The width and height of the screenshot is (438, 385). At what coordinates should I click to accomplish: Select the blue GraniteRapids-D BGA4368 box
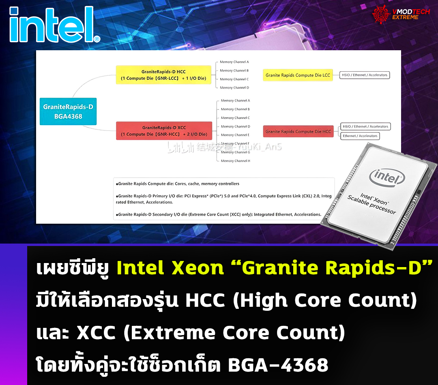pyautogui.click(x=68, y=111)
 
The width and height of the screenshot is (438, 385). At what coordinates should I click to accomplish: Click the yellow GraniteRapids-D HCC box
pyautogui.click(x=163, y=75)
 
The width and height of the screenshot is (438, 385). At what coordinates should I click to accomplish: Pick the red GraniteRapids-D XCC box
pyautogui.click(x=164, y=131)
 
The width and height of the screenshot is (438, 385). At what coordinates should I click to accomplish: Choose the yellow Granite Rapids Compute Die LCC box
pyautogui.click(x=298, y=75)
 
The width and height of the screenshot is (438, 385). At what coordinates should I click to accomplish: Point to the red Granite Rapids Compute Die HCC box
pyautogui.click(x=298, y=131)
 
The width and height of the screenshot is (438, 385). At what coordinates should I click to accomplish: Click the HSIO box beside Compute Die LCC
pyautogui.click(x=364, y=75)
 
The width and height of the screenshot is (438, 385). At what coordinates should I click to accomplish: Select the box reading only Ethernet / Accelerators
pyautogui.click(x=360, y=136)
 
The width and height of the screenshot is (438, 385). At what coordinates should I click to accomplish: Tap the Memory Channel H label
pyautogui.click(x=235, y=161)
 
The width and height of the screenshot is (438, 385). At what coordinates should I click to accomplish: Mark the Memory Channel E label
pyautogui.click(x=235, y=135)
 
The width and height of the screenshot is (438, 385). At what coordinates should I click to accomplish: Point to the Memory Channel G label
pyautogui.click(x=235, y=152)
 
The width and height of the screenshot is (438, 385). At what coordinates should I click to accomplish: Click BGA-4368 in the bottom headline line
pyautogui.click(x=278, y=365)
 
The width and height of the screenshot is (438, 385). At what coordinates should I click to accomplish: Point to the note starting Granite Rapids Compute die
pyautogui.click(x=178, y=184)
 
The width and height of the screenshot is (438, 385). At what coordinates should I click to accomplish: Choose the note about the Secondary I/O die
pyautogui.click(x=219, y=214)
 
